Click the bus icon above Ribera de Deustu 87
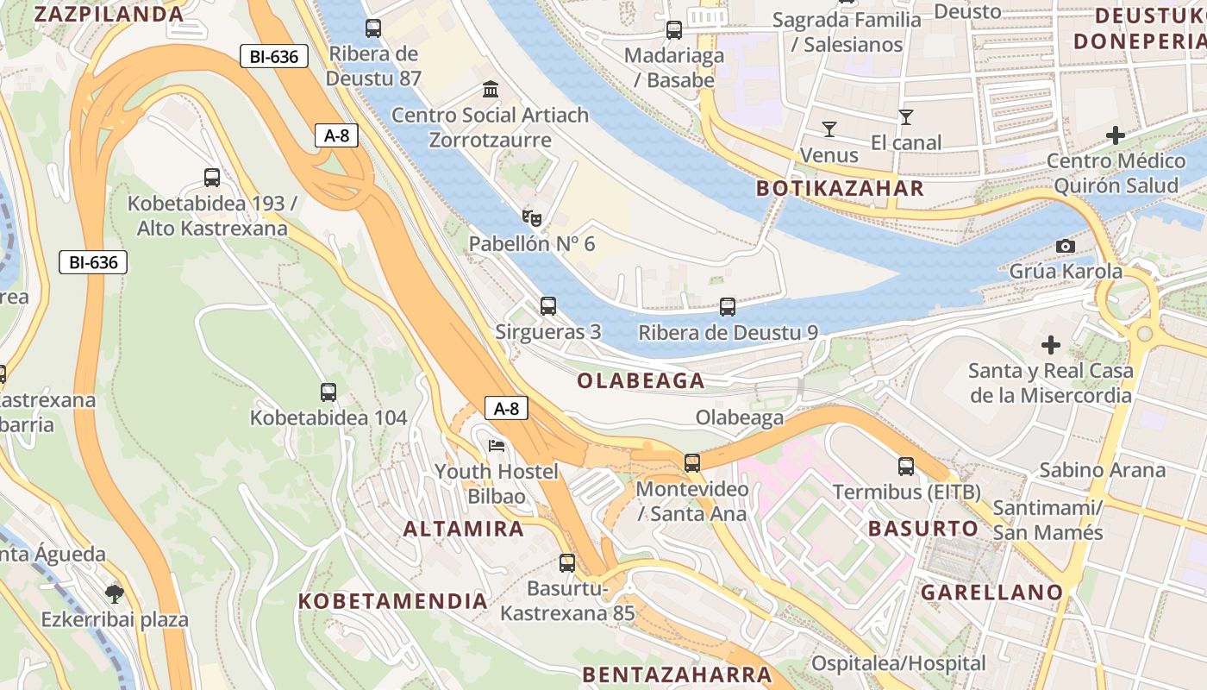click(x=373, y=28)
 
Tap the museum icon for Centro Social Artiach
click(x=491, y=90)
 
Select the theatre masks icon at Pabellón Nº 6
click(x=531, y=217)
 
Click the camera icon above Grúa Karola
click(x=1066, y=246)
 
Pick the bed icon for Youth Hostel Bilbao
click(x=497, y=446)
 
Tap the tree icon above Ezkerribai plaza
click(x=114, y=593)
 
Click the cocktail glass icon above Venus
click(x=829, y=129)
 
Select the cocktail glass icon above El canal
click(x=906, y=117)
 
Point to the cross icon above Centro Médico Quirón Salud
click(x=1116, y=135)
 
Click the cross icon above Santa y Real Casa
click(x=1050, y=346)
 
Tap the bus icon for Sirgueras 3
click(x=548, y=306)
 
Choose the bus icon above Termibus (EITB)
click(x=906, y=467)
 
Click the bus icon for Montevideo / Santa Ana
click(x=692, y=463)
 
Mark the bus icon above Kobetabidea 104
click(x=328, y=392)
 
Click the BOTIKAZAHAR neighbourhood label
click(x=840, y=189)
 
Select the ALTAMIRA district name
click(x=464, y=529)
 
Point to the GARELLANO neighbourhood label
click(x=991, y=593)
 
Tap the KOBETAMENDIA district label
click(x=393, y=601)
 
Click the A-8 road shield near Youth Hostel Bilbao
click(x=506, y=408)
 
